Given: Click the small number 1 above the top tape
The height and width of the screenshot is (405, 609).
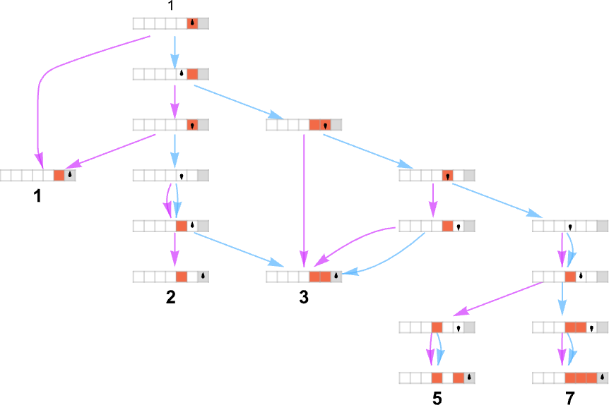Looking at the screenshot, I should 170,6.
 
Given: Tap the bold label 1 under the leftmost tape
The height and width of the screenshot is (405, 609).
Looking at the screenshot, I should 37,196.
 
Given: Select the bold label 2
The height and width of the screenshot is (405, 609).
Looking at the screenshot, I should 170,297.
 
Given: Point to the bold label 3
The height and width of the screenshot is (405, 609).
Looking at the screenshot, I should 304,297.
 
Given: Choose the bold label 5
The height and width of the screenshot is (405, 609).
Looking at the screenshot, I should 437,399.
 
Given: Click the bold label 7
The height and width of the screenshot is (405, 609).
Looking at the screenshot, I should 570,399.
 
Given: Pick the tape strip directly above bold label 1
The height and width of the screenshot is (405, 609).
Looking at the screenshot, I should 37,175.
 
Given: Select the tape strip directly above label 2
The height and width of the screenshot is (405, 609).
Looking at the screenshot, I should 170,277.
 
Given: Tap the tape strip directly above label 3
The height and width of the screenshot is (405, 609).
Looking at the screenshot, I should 304,277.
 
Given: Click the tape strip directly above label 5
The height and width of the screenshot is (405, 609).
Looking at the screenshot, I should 437,377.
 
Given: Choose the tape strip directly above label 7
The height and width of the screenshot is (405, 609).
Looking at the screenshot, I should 570,377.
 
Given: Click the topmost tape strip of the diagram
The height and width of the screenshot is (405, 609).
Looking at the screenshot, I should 170,23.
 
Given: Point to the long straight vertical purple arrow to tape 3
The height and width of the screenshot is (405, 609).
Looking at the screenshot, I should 304,198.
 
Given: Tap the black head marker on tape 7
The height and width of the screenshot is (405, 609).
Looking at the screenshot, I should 602,377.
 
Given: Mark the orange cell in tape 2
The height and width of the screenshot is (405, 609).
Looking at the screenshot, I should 182,277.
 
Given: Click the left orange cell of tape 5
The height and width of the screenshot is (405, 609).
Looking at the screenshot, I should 437,377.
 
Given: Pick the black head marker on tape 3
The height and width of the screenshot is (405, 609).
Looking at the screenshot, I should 336,277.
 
